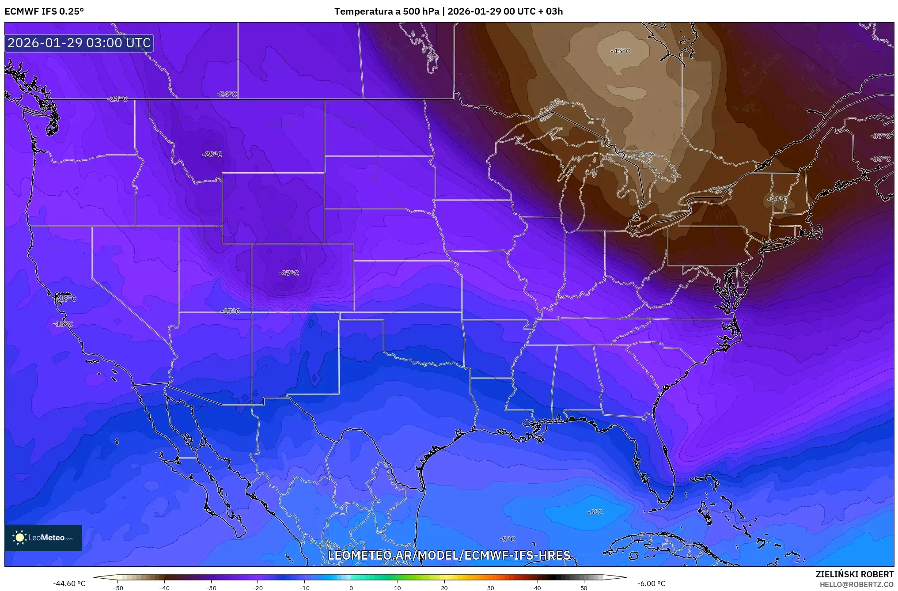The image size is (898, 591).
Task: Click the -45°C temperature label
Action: (x=620, y=51)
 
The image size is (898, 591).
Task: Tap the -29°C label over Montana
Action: (x=212, y=154)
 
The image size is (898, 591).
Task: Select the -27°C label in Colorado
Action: (x=288, y=273)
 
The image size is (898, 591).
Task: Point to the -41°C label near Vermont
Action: (x=777, y=199)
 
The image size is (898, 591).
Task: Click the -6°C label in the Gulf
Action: (x=595, y=512)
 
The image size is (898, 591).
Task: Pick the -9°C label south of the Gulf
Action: (x=508, y=539)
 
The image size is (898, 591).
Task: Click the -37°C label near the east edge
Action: (x=880, y=136)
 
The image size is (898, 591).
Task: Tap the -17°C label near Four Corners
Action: (x=231, y=311)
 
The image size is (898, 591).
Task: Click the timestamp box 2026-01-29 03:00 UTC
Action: (x=79, y=43)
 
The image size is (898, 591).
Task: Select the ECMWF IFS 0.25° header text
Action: (x=44, y=11)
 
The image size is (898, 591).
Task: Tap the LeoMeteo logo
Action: (x=43, y=538)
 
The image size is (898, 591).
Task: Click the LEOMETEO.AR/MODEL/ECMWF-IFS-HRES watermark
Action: (x=449, y=555)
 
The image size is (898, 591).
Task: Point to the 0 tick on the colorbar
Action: (x=351, y=587)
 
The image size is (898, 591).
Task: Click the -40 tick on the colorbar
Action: (x=164, y=587)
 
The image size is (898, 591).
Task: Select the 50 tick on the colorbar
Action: (x=584, y=587)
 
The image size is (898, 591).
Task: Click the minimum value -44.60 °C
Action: (x=69, y=584)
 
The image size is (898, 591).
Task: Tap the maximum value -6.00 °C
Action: (x=651, y=584)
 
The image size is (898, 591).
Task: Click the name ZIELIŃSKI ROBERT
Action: (x=854, y=574)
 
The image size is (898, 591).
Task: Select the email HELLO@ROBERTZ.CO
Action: (x=856, y=584)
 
